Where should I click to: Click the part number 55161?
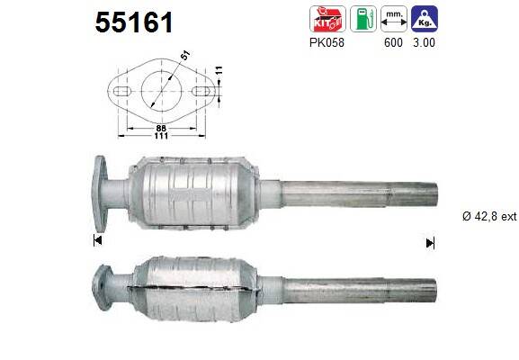click(x=134, y=22)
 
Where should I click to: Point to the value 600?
click(x=392, y=40)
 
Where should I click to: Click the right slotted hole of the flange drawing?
click(x=204, y=91)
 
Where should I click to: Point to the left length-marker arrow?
click(x=96, y=240)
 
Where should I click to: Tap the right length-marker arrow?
click(x=430, y=241)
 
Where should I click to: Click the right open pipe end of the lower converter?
click(x=434, y=290)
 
